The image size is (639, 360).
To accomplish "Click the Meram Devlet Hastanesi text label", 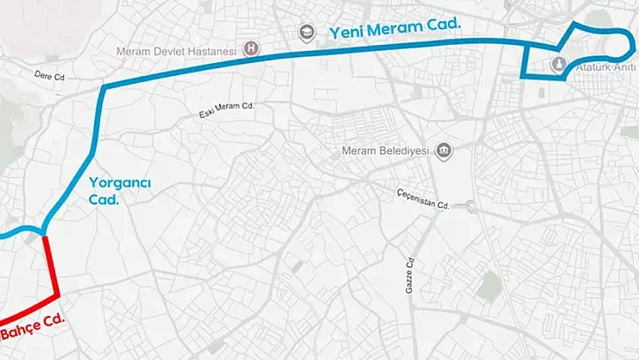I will tap(176, 52).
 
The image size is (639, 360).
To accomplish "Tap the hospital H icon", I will tap(251, 48).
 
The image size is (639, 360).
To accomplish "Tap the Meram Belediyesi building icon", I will tap(444, 151).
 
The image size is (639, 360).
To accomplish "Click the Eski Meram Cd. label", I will tap(225, 111).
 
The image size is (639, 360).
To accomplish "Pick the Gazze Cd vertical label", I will tap(410, 275).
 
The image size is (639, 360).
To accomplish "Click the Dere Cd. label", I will tap(51, 77).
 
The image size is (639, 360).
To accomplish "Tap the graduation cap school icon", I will tap(305, 32).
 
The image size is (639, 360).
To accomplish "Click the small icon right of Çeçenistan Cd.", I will tap(470, 205).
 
